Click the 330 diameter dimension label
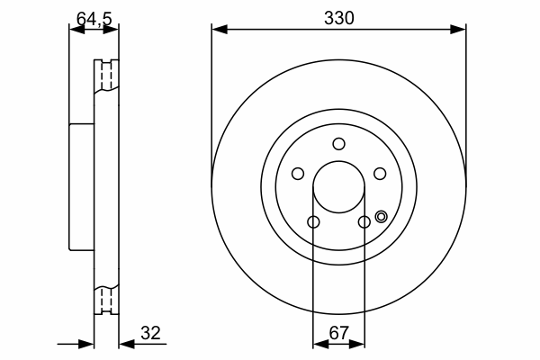(339, 18)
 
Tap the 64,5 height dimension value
(94, 19)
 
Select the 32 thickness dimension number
(150, 333)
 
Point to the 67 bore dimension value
(339, 333)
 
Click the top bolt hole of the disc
(339, 144)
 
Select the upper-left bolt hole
(298, 174)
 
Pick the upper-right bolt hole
(380, 174)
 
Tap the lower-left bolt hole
(313, 222)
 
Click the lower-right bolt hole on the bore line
(364, 222)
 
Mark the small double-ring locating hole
(382, 217)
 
